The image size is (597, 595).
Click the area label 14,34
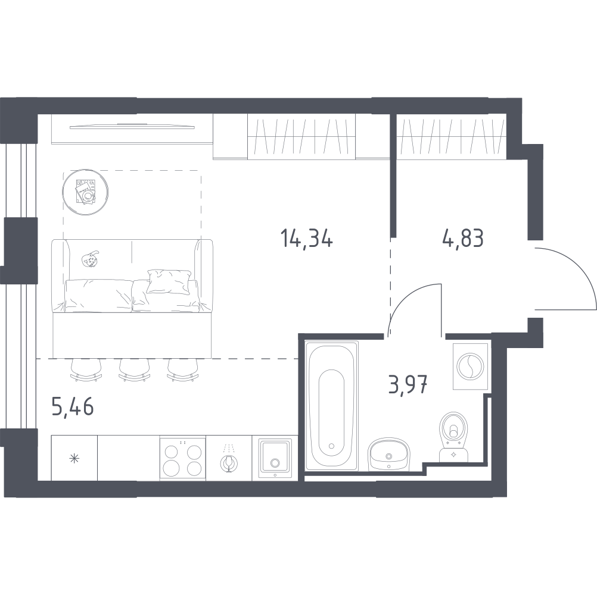coord(306,239)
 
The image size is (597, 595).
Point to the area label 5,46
coord(73,409)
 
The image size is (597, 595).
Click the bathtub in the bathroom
coord(331,407)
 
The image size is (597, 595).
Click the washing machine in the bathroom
coord(470,366)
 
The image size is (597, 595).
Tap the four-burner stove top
coord(183,457)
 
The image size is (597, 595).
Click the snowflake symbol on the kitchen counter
coord(74,458)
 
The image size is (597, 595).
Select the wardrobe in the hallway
coord(451,137)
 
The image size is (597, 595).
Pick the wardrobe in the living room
coord(301,137)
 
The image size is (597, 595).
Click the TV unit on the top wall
coord(131,127)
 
